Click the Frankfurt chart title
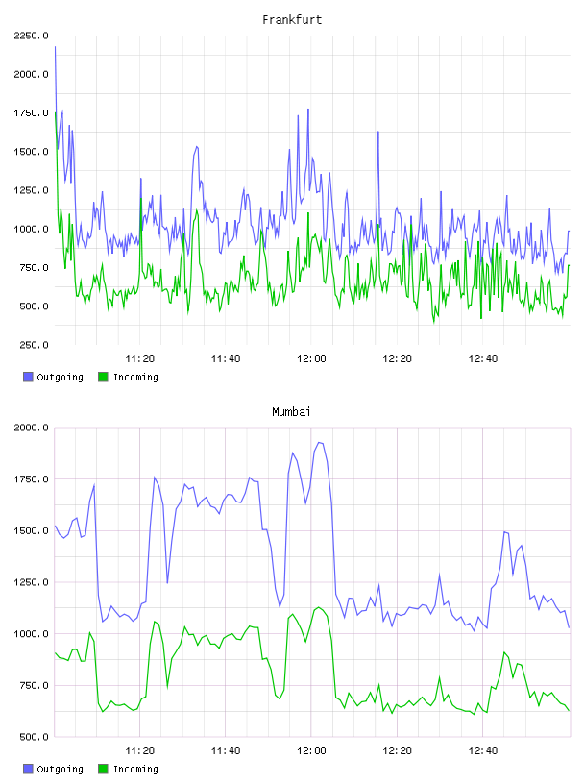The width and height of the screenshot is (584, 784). coord(292,20)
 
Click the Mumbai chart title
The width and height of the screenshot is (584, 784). coord(291,412)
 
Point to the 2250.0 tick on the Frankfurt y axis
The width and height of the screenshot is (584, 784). coord(31,36)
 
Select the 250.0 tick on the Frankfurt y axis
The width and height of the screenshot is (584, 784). coord(34,345)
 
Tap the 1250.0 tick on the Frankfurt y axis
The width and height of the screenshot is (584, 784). coord(31,190)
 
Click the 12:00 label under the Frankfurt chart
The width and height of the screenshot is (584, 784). coord(311,359)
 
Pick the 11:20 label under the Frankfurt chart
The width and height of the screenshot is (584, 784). coord(139,359)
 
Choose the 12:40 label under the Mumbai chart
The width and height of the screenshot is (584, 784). coord(482,751)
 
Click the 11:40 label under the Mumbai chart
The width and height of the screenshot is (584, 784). coord(226,751)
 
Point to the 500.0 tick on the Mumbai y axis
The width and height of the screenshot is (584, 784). coord(34,737)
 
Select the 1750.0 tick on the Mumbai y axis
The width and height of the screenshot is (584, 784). coord(31,479)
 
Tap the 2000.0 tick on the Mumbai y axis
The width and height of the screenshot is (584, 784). coord(31,428)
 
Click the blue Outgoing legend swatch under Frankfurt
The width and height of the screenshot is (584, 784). coord(28,377)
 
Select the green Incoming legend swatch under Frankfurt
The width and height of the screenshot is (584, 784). coord(103,377)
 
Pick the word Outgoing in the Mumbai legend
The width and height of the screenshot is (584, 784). coord(60,769)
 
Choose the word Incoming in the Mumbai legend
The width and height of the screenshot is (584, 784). coord(135,769)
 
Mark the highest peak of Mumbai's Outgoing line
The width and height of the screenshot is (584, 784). coord(319,443)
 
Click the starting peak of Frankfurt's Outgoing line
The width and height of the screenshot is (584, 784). coord(55,46)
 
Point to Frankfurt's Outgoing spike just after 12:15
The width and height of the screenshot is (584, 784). coord(378,132)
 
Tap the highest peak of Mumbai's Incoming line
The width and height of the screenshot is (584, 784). coord(319,607)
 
